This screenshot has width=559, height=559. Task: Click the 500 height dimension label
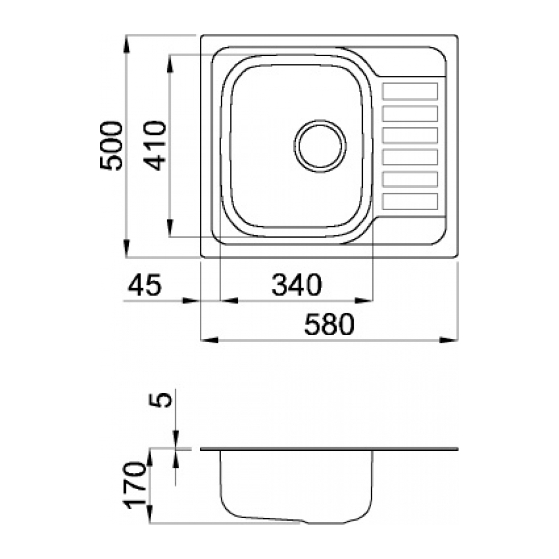(111, 146)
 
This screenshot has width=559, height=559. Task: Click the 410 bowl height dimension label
(155, 146)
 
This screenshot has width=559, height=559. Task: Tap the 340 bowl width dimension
(296, 284)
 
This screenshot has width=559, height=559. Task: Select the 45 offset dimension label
(144, 284)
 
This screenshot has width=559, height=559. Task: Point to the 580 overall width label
(329, 324)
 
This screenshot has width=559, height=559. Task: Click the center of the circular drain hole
(320, 146)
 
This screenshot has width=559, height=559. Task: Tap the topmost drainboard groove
(409, 91)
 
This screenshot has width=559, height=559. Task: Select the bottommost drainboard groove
(409, 201)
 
